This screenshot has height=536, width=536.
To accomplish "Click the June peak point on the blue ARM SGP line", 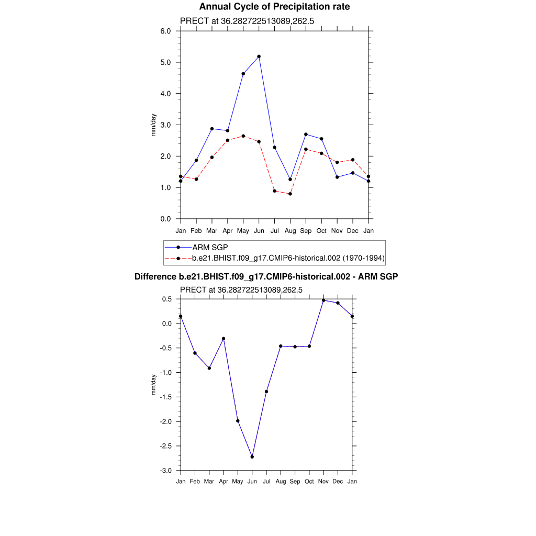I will (259, 57).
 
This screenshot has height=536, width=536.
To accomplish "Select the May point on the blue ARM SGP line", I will (243, 74).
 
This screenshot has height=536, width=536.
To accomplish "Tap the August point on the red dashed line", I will (290, 194).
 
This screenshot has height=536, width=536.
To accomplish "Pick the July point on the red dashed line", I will (274, 191).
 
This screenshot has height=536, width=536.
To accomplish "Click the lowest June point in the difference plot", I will (252, 457).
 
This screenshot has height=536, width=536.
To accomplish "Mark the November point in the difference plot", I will (323, 300).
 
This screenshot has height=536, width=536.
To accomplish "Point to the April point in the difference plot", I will (224, 339).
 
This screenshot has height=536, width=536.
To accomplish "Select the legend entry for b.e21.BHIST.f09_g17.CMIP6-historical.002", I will (288, 258).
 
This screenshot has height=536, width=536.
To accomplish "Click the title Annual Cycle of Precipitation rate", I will (274, 7).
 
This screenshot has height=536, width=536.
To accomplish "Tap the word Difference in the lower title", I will (152, 276).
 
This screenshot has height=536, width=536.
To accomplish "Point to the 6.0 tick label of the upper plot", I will (165, 31).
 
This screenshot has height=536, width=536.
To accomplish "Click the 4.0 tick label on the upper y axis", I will (165, 94).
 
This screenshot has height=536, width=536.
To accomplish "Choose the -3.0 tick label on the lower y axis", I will (166, 471).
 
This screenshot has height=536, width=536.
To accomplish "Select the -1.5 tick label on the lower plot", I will (166, 397).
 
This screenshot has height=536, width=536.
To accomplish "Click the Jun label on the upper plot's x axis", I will (259, 231).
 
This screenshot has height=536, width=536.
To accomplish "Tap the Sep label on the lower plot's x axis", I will (295, 482).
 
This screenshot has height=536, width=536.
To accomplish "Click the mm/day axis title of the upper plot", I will (154, 125).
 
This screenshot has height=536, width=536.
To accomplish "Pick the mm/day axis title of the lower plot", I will (154, 385).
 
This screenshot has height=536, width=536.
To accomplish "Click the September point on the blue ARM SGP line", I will (306, 135).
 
